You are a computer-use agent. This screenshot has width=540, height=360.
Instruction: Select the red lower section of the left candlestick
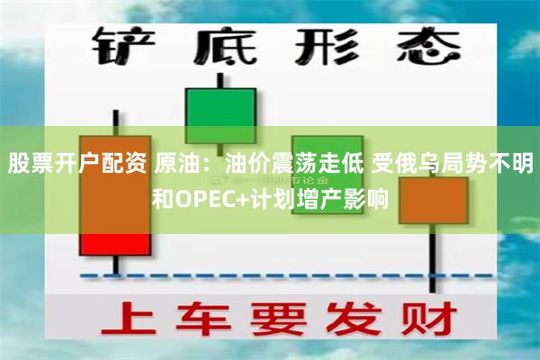pyautogui.click(x=115, y=244)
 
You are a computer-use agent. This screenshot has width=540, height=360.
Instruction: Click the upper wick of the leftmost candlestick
pyautogui.click(x=115, y=121)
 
